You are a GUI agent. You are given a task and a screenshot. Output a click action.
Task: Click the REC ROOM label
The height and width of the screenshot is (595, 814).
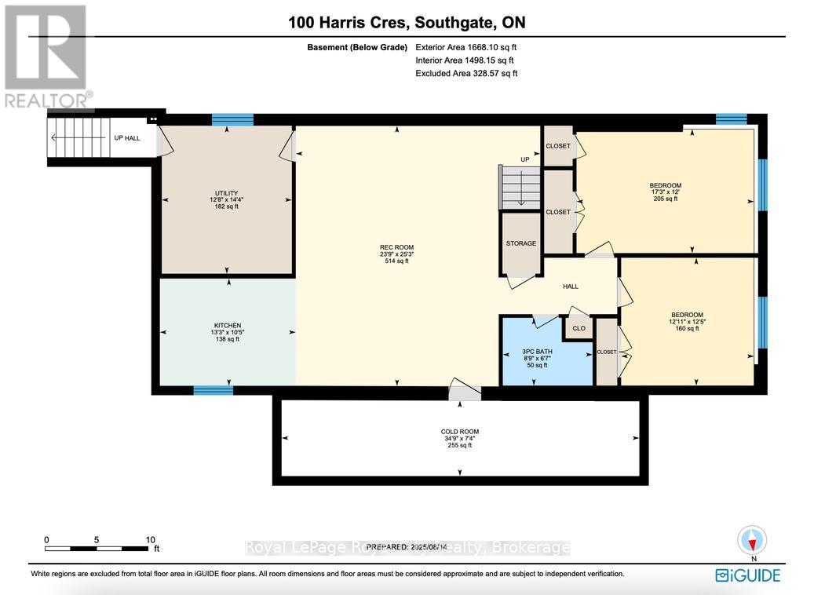pos(396,248)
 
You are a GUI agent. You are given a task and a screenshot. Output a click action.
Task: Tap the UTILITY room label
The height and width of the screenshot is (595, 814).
pos(226,193)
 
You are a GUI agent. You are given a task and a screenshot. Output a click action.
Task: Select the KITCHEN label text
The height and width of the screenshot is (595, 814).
pos(228,326)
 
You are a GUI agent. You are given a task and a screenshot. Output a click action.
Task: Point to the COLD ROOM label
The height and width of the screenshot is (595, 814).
pos(459,432)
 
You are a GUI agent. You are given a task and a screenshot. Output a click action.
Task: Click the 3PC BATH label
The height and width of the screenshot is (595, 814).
pos(538,351)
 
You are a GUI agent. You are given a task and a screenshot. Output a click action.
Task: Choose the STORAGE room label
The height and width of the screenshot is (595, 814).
pos(520,243)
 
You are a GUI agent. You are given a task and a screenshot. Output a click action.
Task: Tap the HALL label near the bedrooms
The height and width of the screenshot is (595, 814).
pos(571,287)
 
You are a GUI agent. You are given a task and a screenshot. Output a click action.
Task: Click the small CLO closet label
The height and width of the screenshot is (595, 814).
pos(579,328)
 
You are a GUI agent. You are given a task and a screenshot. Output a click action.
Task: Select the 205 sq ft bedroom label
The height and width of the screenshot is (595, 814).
pos(666,185)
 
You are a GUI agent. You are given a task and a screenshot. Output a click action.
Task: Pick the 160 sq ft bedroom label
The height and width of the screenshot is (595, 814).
pos(687,315)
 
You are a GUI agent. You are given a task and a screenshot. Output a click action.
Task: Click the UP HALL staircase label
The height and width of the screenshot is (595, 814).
pos(127,137)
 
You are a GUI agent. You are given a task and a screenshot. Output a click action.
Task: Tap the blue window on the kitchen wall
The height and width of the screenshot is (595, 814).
pos(214,390)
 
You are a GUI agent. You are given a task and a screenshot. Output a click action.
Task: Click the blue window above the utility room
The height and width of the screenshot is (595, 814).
pos(232,120)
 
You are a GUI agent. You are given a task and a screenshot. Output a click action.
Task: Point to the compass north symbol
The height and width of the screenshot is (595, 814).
pos(752,541)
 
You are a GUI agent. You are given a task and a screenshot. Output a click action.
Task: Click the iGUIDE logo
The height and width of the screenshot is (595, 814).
pos(747,575)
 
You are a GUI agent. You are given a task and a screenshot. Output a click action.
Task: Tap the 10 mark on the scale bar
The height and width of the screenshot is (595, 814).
pos(150,539)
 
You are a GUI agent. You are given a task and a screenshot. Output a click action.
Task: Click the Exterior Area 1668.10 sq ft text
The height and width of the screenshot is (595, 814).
pos(466,47)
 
